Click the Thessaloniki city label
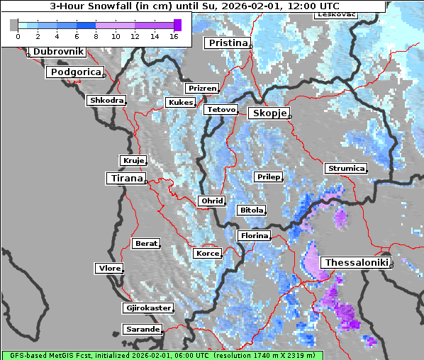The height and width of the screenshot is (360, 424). (356, 263)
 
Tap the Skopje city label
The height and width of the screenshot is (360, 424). (268, 113)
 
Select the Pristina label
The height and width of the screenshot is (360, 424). (228, 43)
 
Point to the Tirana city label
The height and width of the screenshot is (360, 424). (125, 179)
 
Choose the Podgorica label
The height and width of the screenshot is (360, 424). (75, 72)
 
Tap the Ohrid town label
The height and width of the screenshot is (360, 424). (211, 201)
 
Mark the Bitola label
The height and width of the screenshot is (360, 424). (251, 210)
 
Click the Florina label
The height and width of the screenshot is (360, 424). (254, 235)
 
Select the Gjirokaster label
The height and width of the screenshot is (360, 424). (147, 308)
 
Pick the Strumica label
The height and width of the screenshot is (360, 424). (345, 169)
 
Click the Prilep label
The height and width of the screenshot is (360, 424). (267, 176)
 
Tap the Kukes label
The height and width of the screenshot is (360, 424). (180, 103)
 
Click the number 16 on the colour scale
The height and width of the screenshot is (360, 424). (174, 36)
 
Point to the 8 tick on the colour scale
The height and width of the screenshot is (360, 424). (96, 36)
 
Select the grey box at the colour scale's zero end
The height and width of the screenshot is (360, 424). (14, 25)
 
